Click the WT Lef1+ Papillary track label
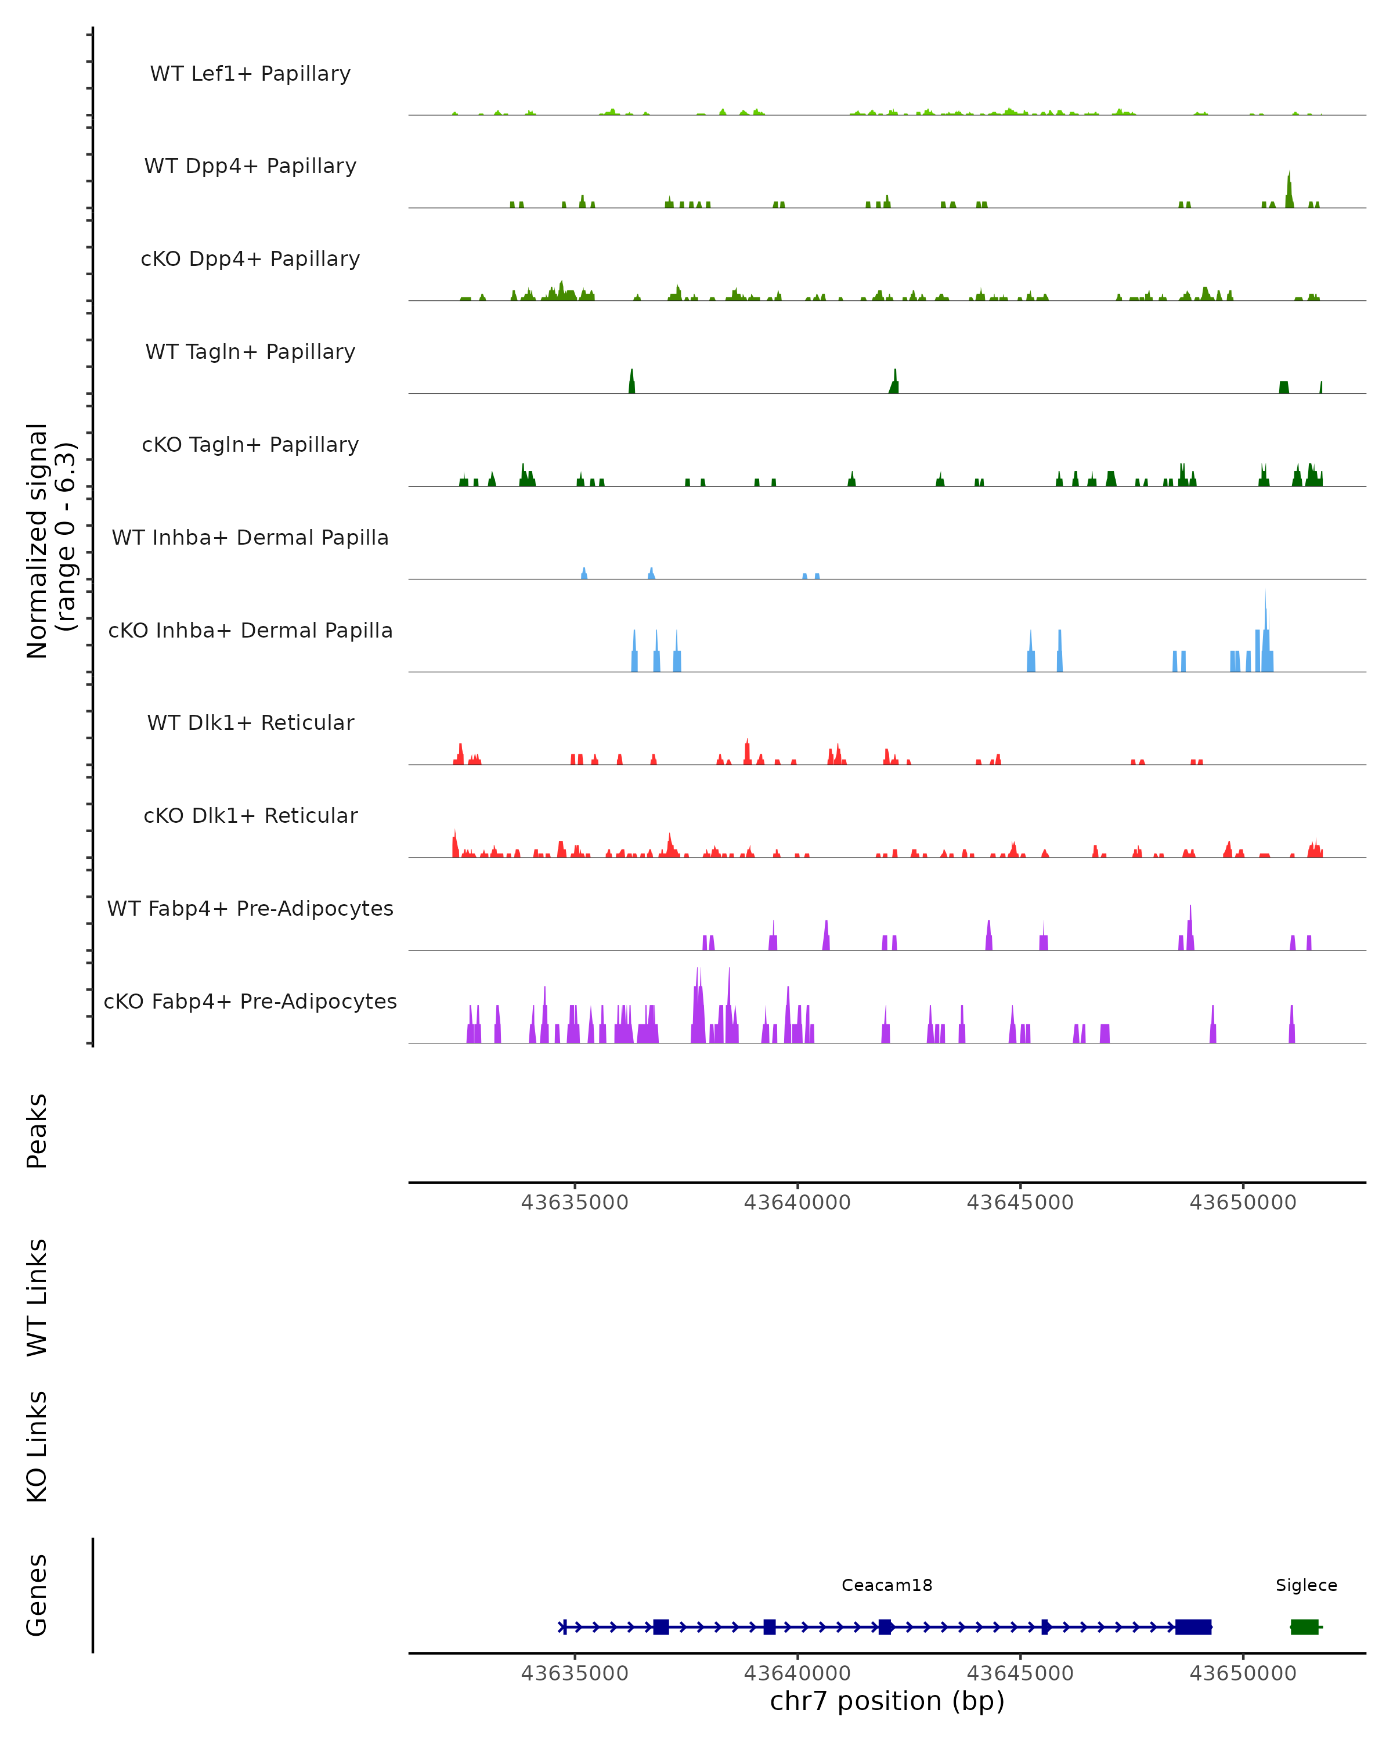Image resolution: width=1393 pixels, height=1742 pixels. [x=250, y=74]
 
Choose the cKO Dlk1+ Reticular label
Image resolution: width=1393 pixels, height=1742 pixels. [x=250, y=815]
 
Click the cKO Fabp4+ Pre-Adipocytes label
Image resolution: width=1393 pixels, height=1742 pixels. [x=250, y=1001]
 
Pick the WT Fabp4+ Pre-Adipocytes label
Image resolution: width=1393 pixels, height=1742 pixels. [x=250, y=908]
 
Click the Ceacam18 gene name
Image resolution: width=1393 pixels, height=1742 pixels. [x=887, y=1585]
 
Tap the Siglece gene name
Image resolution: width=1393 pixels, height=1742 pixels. [x=1306, y=1585]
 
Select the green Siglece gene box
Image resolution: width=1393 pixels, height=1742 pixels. [x=1304, y=1626]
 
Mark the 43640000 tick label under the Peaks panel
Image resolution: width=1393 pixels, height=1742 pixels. [x=797, y=1203]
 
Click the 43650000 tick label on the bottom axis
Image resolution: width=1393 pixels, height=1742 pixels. [x=1243, y=1673]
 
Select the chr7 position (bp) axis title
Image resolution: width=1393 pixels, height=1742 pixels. [x=887, y=1701]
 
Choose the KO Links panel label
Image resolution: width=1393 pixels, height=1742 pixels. [x=37, y=1446]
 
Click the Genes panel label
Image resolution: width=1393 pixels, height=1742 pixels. [x=37, y=1595]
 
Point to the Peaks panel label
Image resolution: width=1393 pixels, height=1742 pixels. [x=37, y=1131]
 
